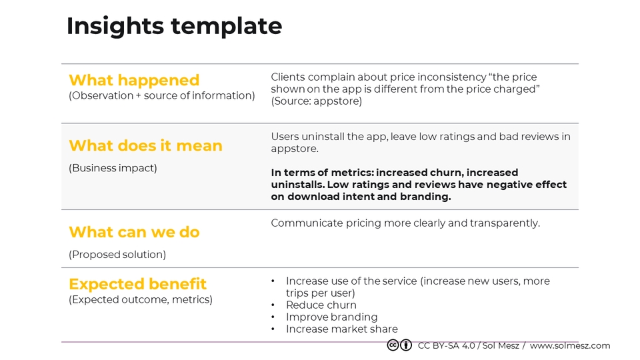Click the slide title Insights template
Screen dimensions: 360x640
tap(174, 26)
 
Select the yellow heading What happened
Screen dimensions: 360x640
tap(134, 80)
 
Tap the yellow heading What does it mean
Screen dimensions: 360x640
tap(145, 145)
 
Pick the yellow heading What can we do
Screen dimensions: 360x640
tap(134, 232)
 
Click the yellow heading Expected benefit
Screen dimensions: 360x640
tap(137, 284)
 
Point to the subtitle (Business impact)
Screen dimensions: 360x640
tap(113, 168)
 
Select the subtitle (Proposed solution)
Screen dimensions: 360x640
tap(117, 255)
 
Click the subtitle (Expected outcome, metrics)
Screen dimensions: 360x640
tap(141, 300)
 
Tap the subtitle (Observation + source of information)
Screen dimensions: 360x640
tap(162, 96)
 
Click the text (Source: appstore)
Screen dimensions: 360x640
tap(316, 101)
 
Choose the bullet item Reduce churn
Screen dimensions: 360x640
tap(321, 305)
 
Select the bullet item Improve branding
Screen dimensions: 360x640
tap(331, 317)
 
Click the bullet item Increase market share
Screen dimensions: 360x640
tap(341, 329)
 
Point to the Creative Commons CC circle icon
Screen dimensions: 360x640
tap(393, 345)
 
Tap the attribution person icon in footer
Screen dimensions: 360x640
tap(405, 345)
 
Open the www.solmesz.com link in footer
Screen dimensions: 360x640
tap(570, 345)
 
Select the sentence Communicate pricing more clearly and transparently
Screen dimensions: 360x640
tap(405, 223)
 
